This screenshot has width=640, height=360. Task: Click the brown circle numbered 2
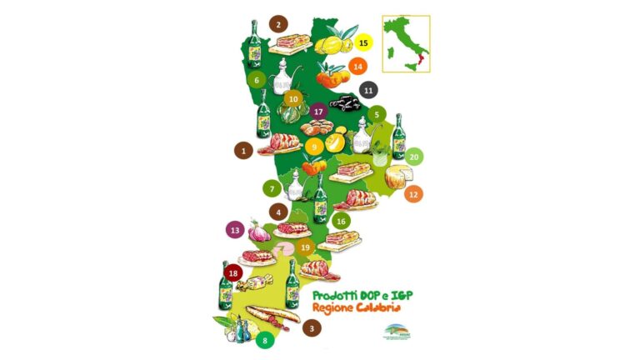tap(278, 24)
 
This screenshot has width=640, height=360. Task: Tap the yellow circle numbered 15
tap(362, 41)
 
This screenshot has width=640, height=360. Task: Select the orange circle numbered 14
tap(358, 66)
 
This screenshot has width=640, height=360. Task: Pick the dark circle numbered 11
tap(367, 90)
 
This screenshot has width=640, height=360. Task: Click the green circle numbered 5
tap(377, 115)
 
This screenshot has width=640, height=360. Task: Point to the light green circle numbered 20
tap(413, 156)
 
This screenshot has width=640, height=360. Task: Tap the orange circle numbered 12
tap(412, 194)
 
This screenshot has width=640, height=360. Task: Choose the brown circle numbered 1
tap(243, 151)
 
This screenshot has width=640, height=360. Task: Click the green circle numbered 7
tap(272, 189)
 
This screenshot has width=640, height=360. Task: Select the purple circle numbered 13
tap(235, 229)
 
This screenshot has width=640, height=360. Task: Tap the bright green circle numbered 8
tap(265, 340)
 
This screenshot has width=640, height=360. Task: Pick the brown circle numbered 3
tap(312, 328)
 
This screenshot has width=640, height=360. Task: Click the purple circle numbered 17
tap(317, 111)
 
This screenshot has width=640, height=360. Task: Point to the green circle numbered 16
tap(340, 221)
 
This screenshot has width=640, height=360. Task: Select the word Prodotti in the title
tap(331, 296)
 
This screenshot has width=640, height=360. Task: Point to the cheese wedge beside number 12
tap(399, 177)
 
